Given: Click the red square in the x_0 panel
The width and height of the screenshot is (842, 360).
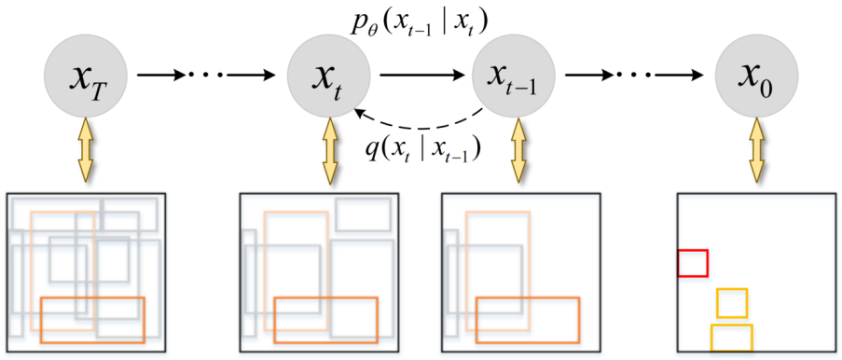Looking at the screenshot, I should click(693, 263).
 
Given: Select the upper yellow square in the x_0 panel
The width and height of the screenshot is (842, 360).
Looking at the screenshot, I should click(732, 303).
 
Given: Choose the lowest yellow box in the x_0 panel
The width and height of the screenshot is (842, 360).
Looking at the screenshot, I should click(731, 337).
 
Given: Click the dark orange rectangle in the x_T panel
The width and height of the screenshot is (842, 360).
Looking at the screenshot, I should click(93, 319).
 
